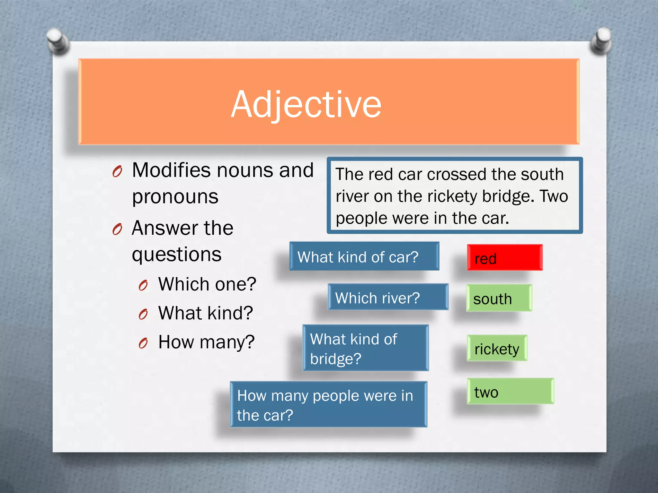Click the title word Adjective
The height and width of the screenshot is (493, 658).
(306, 104)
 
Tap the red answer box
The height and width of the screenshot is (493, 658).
(505, 257)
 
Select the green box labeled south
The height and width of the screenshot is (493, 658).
(499, 298)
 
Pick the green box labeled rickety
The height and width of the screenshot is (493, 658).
(497, 348)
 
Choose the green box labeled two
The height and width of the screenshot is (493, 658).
(510, 391)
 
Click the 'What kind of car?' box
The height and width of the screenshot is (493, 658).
(364, 256)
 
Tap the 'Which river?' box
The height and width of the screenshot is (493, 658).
(388, 297)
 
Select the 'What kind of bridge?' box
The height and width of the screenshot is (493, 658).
(366, 348)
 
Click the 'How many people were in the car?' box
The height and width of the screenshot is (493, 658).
(328, 404)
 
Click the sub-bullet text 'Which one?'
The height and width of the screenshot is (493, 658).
(207, 284)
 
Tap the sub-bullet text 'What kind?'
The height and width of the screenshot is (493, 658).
(206, 313)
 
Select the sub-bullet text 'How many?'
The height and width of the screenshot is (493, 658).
(206, 342)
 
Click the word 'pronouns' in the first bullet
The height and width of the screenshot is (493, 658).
(175, 196)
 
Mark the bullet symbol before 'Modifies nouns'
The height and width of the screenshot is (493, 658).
(117, 172)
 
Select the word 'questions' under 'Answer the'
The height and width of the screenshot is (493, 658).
(177, 255)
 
